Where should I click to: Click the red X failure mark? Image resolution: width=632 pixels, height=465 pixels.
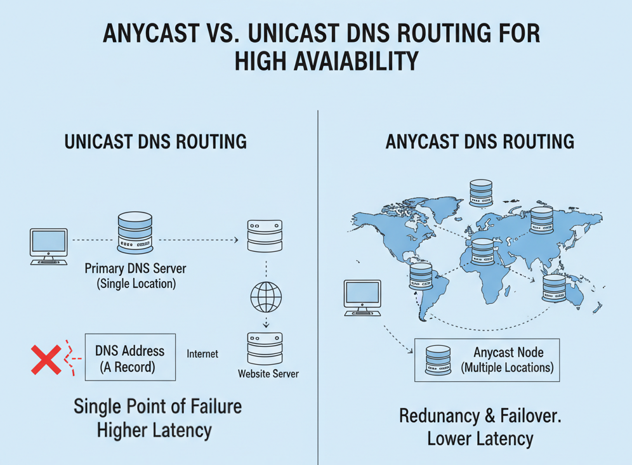pyautogui.click(x=46, y=360)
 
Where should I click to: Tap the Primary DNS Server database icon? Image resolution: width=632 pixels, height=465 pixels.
pyautogui.click(x=135, y=233)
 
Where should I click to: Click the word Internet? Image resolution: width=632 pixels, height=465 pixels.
pyautogui.click(x=202, y=354)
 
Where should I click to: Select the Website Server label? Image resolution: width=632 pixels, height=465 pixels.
pyautogui.click(x=268, y=374)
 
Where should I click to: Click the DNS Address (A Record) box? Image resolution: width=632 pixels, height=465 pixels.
pyautogui.click(x=130, y=357)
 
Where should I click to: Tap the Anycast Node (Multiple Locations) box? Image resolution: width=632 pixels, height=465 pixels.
pyautogui.click(x=487, y=359)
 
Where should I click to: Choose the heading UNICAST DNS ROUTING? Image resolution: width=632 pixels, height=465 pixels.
pyautogui.click(x=155, y=141)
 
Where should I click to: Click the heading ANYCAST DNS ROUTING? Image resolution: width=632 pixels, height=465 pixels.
pyautogui.click(x=480, y=141)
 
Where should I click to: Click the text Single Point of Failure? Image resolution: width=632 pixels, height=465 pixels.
pyautogui.click(x=157, y=406)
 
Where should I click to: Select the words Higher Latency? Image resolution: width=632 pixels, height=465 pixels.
pyautogui.click(x=154, y=430)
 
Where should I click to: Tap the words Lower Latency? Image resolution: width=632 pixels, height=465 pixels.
pyautogui.click(x=480, y=438)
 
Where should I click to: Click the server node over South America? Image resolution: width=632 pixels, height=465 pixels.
pyautogui.click(x=421, y=277)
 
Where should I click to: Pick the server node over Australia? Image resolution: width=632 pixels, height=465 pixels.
pyautogui.click(x=554, y=287)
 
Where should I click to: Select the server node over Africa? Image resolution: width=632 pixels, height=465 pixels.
pyautogui.click(x=482, y=252)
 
